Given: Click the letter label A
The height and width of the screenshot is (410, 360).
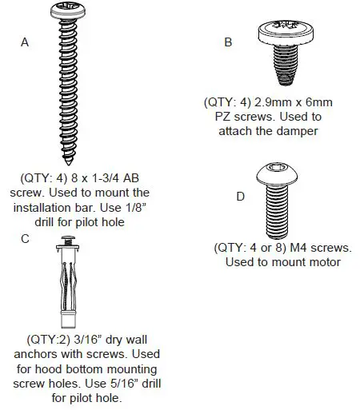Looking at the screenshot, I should tap(26, 43).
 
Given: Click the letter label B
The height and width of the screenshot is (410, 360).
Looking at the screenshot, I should tap(228, 43).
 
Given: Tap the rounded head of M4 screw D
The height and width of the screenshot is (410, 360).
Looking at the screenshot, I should tap(275, 172).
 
